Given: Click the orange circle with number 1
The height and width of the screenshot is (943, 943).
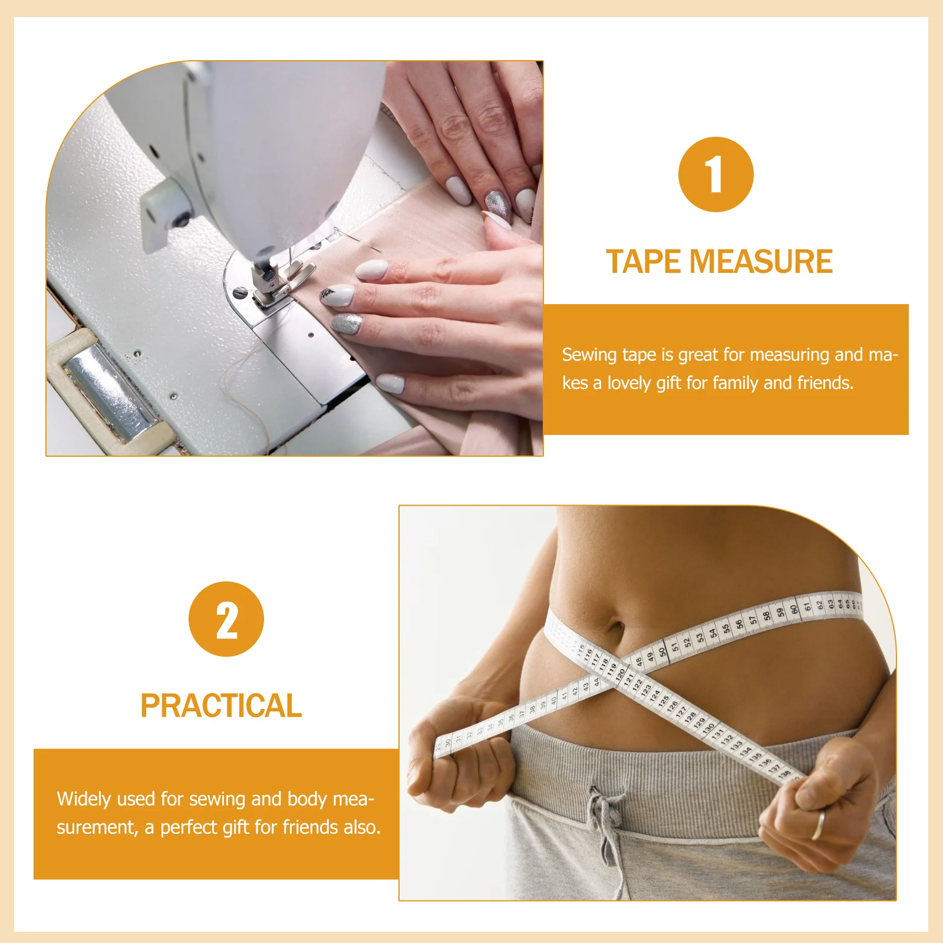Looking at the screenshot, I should (x=716, y=174).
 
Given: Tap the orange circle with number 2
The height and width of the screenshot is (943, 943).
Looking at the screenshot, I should (x=226, y=619).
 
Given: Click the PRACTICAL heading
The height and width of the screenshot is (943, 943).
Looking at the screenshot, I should (x=221, y=705).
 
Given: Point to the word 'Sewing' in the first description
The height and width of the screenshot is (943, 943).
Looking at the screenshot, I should (x=587, y=355).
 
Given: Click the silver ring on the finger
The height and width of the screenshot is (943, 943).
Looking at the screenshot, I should (x=817, y=825).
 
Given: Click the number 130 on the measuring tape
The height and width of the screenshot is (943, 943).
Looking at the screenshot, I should (x=708, y=728).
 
